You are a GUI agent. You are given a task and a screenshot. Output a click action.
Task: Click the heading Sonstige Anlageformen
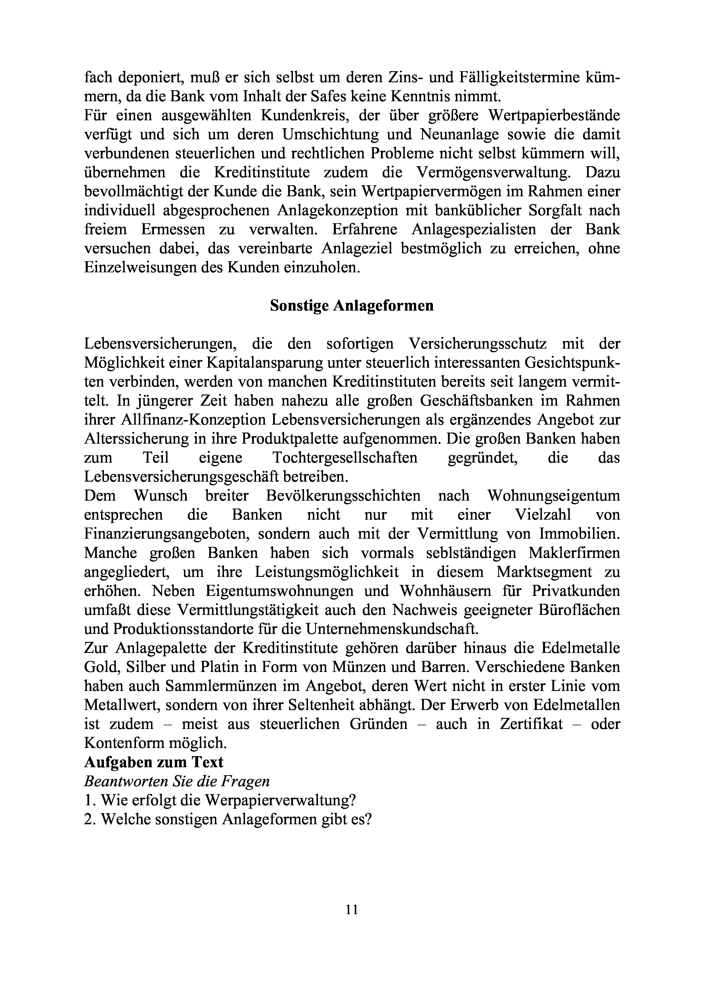coord(351,306)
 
